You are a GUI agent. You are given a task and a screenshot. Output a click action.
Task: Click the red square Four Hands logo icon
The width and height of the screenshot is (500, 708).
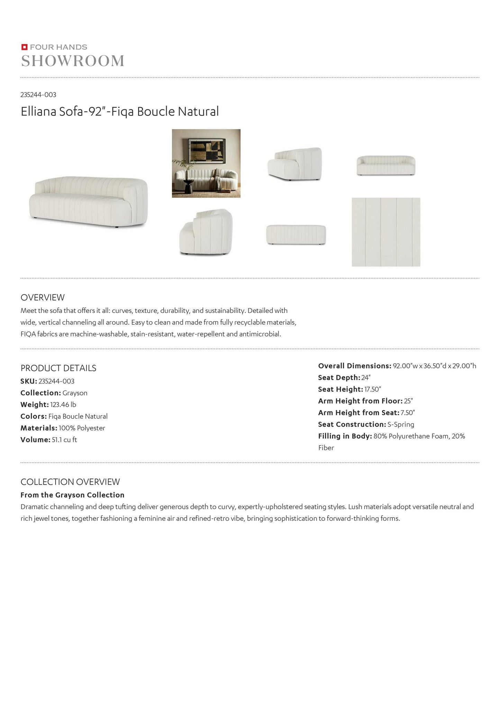24,47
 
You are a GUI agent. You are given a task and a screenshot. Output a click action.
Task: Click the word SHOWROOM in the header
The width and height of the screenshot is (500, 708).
73,61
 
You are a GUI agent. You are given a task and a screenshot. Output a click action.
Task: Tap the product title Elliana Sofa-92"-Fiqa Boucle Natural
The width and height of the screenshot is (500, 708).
120,111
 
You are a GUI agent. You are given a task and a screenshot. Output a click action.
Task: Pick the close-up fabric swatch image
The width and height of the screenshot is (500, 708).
386,232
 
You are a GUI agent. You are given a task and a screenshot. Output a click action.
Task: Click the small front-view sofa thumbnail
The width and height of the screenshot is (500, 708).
386,166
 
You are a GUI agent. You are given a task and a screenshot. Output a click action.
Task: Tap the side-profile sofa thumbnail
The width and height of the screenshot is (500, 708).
206,232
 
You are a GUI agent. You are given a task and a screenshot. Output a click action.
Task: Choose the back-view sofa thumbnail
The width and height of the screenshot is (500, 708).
296,235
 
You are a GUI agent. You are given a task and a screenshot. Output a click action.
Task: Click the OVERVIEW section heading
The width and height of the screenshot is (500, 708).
43,297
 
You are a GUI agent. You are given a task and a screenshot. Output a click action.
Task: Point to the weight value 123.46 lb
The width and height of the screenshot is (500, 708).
63,405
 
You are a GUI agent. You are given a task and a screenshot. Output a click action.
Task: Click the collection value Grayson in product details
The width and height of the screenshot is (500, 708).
75,393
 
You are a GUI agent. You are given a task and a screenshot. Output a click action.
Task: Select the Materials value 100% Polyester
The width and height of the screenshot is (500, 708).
82,428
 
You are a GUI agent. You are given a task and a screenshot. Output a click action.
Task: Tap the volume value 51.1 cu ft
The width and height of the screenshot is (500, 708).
64,440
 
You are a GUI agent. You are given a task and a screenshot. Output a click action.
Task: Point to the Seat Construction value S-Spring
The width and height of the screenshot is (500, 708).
401,424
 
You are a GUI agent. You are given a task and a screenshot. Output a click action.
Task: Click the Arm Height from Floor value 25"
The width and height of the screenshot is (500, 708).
408,401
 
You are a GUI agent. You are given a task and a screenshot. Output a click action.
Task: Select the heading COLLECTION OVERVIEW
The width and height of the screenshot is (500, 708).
70,482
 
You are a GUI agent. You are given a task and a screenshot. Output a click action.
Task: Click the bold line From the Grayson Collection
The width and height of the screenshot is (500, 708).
72,495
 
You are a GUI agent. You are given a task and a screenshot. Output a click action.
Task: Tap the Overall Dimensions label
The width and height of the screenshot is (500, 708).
355,366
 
